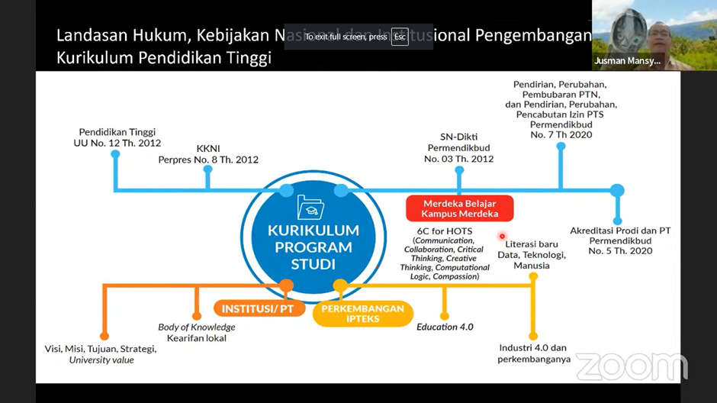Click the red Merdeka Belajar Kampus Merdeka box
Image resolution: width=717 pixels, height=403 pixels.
(x=459, y=208)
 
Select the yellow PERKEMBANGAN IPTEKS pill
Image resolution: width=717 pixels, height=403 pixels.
(x=362, y=314)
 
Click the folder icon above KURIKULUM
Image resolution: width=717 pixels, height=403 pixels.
(x=310, y=208)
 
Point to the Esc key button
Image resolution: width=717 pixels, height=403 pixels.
(x=400, y=37)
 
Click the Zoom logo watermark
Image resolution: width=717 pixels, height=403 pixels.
(x=632, y=367)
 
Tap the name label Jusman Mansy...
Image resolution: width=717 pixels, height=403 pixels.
(x=626, y=60)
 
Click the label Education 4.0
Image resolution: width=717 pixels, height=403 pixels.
(x=445, y=327)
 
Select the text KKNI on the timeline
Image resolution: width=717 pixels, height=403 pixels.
(x=208, y=148)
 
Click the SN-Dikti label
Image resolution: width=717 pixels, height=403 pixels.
(x=458, y=137)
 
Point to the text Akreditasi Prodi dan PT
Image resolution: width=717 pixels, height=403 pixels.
(x=620, y=231)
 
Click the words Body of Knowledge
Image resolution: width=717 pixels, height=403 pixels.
(x=197, y=327)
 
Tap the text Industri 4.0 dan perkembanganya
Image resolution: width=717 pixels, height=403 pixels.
(x=533, y=353)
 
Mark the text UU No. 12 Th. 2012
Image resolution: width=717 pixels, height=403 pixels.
(x=117, y=143)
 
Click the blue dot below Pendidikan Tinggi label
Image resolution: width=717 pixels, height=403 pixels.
(x=115, y=154)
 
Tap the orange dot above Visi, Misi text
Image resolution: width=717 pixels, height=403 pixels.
(x=104, y=336)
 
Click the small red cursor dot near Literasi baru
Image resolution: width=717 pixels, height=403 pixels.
(x=502, y=236)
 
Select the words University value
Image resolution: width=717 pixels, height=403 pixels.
(x=101, y=359)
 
